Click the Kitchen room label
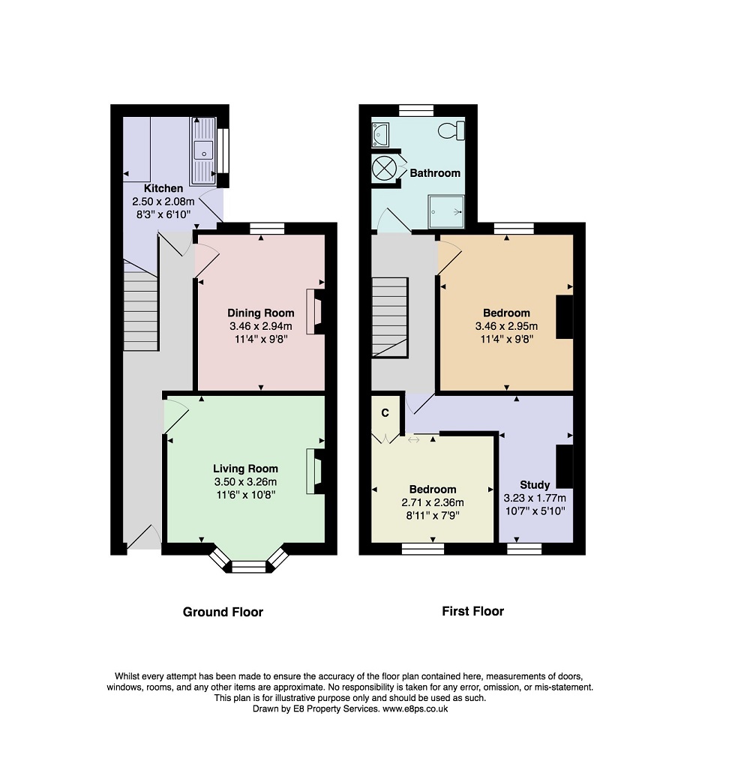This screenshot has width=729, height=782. [163, 188]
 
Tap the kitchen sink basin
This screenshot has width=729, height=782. [203, 151]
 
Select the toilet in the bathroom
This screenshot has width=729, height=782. [451, 130]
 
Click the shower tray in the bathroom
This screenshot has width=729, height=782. [446, 211]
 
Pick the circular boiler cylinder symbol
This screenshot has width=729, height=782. [384, 168]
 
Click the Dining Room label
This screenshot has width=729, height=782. [260, 313]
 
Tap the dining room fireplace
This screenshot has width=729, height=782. [315, 312]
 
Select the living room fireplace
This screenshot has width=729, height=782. [315, 472]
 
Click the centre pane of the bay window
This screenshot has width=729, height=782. [249, 567]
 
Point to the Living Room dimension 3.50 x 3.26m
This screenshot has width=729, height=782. [245, 482]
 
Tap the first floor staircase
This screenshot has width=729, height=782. [390, 317]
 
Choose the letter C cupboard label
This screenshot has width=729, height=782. [385, 413]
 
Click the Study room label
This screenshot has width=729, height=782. [535, 485]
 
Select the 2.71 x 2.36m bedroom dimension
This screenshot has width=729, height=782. [433, 502]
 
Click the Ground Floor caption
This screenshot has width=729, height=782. [223, 612]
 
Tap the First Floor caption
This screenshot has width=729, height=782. [473, 611]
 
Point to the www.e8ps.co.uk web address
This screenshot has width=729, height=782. [415, 709]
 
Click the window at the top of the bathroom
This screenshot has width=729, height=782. [416, 110]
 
